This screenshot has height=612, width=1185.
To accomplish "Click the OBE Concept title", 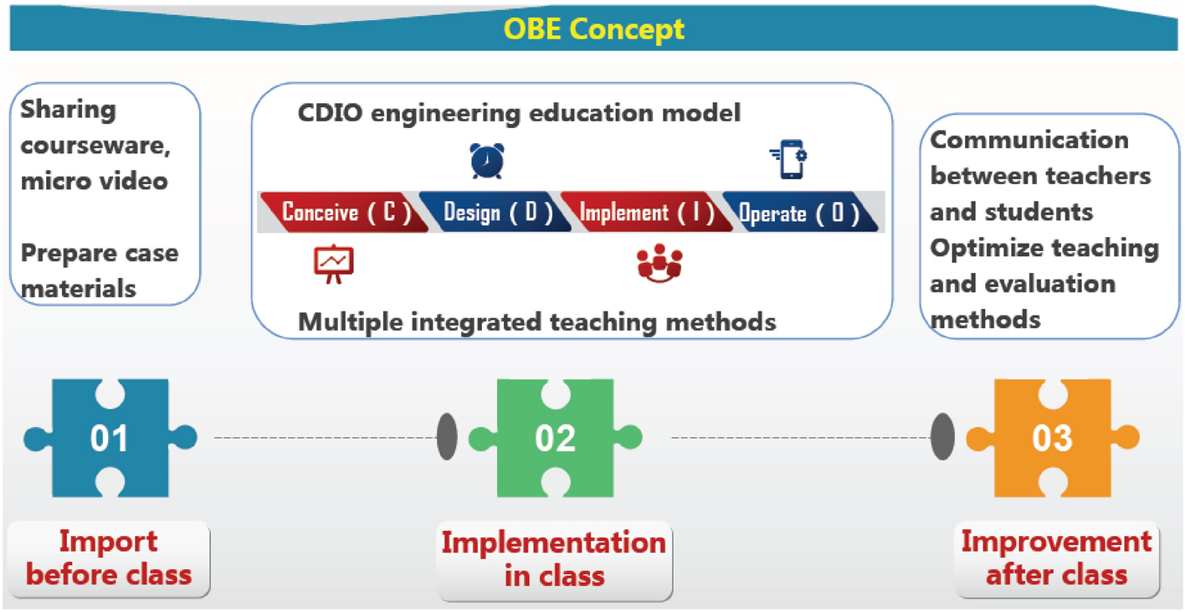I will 592,29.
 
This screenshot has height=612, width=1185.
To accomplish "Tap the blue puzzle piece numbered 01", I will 110,438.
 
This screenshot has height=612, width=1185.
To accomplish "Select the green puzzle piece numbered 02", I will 555,438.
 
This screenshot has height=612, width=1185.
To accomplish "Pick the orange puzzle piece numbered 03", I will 1052,438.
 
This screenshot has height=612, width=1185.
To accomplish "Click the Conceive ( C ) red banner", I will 344,213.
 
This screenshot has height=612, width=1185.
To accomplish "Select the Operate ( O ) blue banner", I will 798,213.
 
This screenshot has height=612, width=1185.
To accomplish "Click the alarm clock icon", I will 486,161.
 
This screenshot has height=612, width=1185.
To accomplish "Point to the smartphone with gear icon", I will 788,159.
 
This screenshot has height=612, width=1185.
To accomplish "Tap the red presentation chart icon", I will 334,265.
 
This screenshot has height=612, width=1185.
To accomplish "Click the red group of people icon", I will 659,265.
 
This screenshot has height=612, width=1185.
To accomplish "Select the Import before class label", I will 109,558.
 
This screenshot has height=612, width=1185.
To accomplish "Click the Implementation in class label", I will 554,558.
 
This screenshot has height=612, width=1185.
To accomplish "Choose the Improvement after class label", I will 1056,558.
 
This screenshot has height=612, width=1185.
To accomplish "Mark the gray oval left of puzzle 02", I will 448,438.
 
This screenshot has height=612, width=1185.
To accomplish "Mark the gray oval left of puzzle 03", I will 943,438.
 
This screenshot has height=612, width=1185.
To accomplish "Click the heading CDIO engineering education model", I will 519,113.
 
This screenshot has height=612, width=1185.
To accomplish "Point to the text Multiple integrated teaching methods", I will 537,321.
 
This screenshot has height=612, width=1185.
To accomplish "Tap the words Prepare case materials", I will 99,270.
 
